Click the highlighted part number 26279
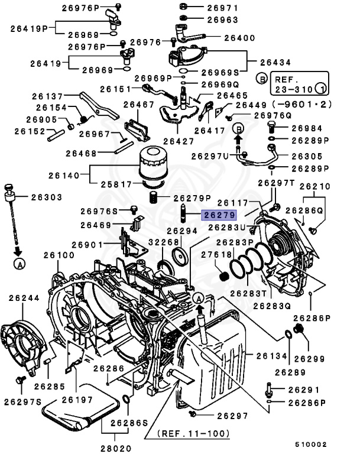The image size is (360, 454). [x=219, y=216]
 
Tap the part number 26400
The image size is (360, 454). [x=223, y=38]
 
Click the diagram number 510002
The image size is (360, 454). [x=311, y=443]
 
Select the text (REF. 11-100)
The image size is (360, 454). [x=193, y=433]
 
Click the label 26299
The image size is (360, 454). [x=309, y=358]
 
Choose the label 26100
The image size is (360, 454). [x=59, y=255]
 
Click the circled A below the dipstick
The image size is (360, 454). [x=20, y=265]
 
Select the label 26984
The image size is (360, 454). [x=307, y=128]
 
